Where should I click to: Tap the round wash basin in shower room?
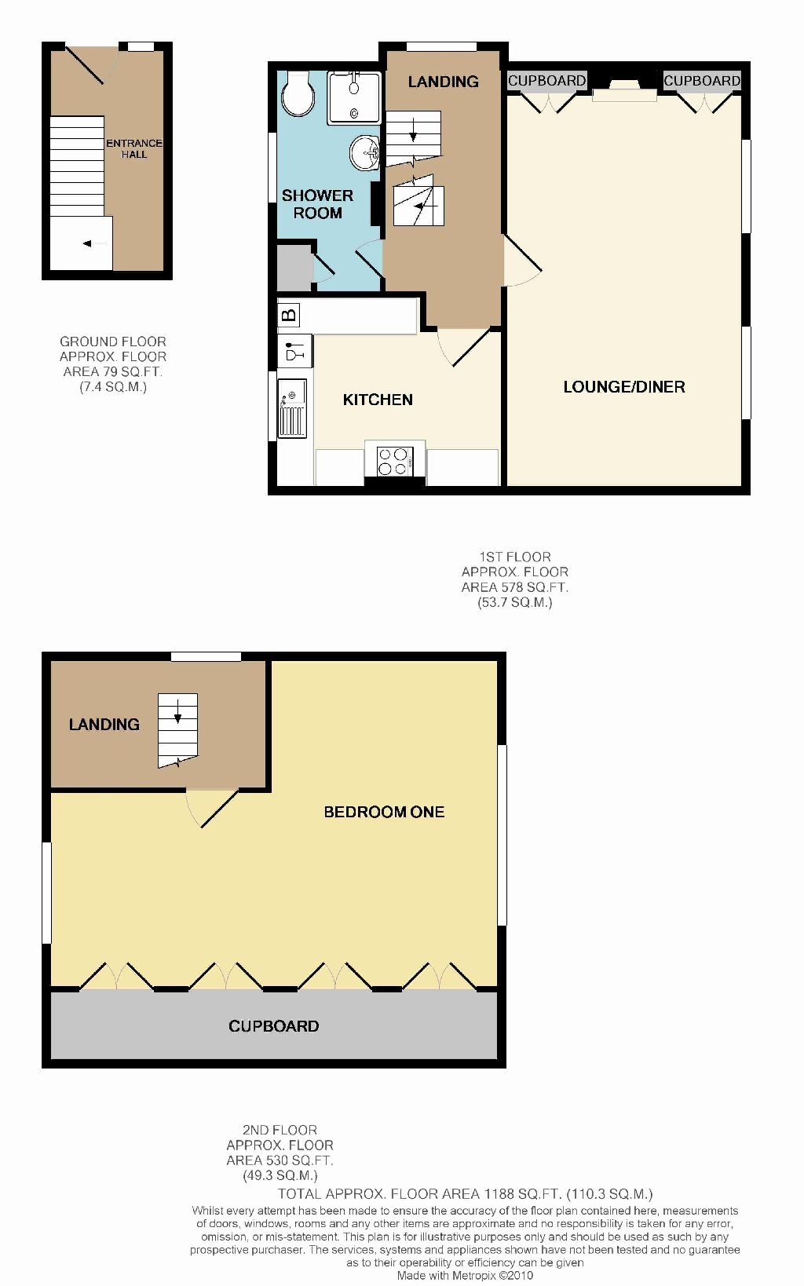pos(365,152)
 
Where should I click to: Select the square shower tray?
pos(354,97)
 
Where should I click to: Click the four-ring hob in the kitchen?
pos(395,461)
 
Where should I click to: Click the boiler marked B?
pos(289,316)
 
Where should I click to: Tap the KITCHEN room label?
pos(378,400)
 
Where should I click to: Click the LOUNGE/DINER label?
pos(624,387)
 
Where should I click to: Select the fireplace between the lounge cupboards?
pos(624,92)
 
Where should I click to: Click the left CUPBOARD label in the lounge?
pos(546,81)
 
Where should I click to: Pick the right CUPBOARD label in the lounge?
pos(702,81)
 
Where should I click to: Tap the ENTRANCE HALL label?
pos(134,148)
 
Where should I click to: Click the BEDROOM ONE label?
pos(384,812)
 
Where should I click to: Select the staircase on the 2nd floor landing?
pos(177,730)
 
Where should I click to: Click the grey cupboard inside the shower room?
pos(294,269)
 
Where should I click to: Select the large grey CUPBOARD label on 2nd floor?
pos(273,1026)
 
